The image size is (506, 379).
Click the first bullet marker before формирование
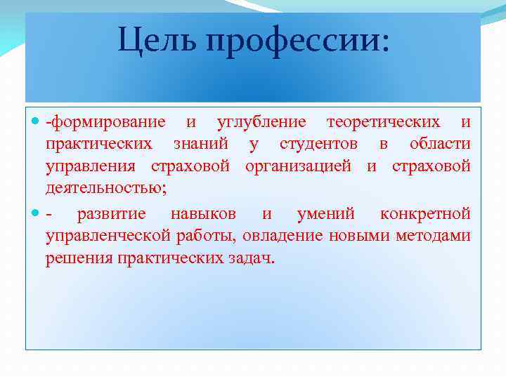(37, 122)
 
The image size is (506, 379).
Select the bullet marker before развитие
(37, 213)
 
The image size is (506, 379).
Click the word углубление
(261, 123)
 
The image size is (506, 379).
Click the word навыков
(203, 213)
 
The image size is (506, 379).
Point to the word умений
(325, 213)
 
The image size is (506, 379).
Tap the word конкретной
(424, 213)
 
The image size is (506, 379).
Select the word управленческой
(108, 236)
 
